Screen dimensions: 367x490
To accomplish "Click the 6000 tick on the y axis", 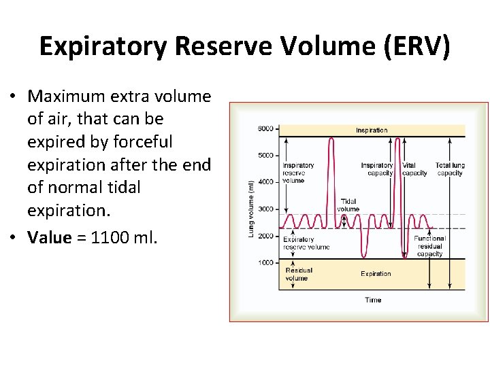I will tap(265, 129).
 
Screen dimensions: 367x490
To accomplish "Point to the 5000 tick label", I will tap(265, 156).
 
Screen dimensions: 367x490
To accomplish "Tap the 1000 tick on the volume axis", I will tap(265, 262).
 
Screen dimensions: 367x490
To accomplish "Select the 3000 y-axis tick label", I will tap(265, 209).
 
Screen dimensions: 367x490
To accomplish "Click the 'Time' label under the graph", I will tap(373, 300).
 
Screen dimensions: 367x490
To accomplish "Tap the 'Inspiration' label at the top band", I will tap(372, 130).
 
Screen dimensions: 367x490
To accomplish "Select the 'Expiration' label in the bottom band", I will tap(376, 274).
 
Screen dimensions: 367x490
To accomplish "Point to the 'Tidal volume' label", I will tap(348, 205).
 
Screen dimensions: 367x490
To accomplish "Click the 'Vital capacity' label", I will tap(414, 169).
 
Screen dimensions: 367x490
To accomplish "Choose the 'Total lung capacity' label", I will tap(449, 169).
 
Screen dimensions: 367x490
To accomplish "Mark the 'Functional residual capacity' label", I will tap(429, 246).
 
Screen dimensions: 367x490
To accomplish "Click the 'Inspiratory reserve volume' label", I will tap(298, 173).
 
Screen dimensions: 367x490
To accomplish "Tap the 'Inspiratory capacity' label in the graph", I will tap(377, 169).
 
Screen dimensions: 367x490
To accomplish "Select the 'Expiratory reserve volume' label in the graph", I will tap(306, 243).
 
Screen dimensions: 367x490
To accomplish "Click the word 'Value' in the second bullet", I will tap(50, 237).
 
